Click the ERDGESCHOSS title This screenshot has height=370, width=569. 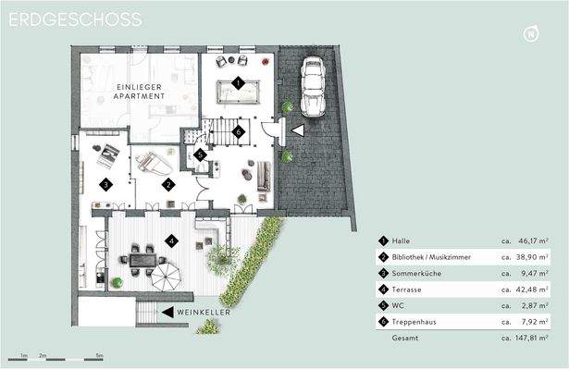[75, 18]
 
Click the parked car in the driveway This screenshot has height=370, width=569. [312, 85]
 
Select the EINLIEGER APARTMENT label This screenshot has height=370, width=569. [141, 91]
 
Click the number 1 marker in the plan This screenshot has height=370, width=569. [238, 82]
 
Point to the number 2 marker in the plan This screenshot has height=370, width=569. [168, 184]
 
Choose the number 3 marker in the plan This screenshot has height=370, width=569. [107, 185]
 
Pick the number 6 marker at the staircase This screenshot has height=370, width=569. [238, 131]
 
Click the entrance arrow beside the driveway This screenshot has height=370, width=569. [297, 131]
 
